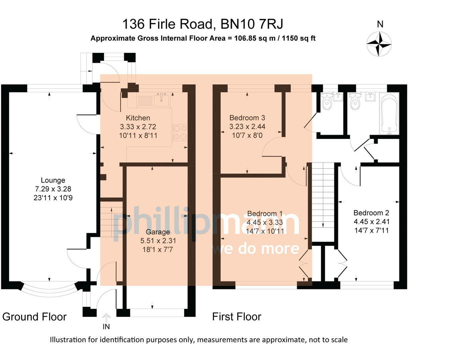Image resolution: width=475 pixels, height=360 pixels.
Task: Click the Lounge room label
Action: point(53,180)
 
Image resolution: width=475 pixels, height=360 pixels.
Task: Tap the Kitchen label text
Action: point(138,118)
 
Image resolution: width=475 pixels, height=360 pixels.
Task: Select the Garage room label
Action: point(158,232)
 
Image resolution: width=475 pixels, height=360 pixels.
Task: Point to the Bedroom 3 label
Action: point(247,118)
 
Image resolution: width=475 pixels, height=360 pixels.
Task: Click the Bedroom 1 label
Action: point(265,214)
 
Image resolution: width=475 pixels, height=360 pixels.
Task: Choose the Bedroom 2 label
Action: point(371,213)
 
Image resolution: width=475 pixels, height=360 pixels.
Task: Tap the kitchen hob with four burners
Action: point(180,133)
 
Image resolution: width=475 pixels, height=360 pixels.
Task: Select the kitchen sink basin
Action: point(161,100)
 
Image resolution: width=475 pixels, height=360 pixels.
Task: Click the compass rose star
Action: point(379,44)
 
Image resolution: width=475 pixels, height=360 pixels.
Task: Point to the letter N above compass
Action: point(380,24)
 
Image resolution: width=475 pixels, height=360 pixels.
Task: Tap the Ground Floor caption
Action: point(34,317)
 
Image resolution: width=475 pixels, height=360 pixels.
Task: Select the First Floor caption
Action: point(237,317)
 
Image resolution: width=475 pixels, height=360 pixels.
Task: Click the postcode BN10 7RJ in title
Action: point(252,24)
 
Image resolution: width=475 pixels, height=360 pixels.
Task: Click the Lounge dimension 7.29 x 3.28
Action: point(53,189)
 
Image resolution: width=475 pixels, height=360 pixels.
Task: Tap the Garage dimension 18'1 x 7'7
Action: point(157,250)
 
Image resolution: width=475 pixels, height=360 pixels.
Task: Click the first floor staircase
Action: point(323,202)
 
